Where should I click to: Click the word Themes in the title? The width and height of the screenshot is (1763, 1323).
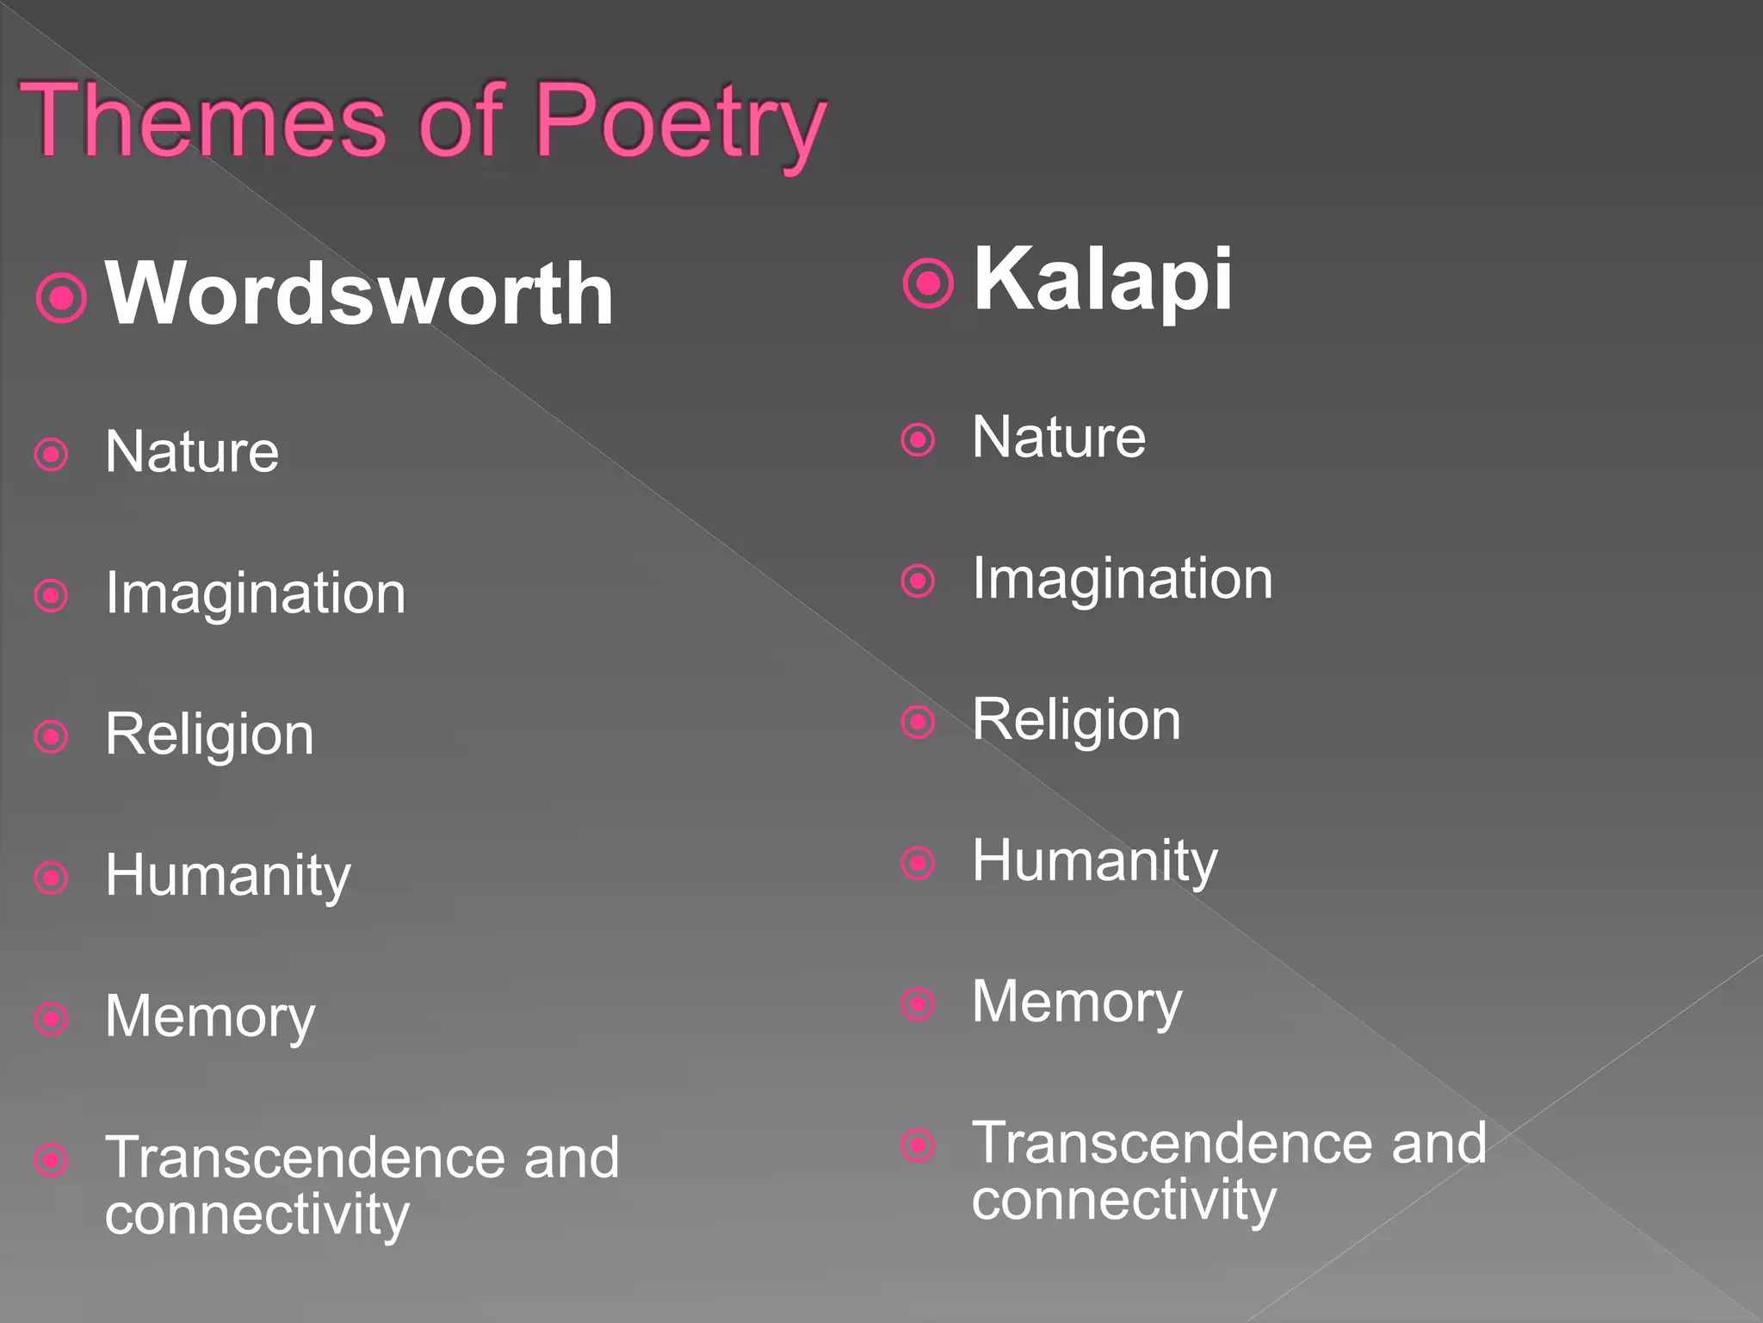(x=203, y=121)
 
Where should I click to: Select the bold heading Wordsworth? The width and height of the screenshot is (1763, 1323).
(x=359, y=294)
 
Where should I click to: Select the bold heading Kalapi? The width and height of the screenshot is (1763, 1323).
(x=1103, y=279)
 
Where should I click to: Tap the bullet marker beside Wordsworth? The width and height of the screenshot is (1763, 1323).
(x=62, y=297)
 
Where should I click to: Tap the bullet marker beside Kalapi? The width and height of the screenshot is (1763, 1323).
(x=928, y=283)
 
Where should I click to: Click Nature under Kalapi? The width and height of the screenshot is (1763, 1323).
(x=1059, y=437)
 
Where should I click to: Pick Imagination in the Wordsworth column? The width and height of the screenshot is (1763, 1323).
(x=255, y=593)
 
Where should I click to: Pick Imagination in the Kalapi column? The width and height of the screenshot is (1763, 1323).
(x=1122, y=579)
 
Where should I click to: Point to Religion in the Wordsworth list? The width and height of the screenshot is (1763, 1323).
(x=209, y=735)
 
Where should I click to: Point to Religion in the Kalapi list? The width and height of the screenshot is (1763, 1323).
(x=1076, y=720)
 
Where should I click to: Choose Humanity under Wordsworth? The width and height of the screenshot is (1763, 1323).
(x=227, y=876)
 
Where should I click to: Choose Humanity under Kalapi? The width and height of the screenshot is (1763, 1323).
(x=1094, y=861)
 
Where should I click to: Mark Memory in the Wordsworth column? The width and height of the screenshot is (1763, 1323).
(x=210, y=1017)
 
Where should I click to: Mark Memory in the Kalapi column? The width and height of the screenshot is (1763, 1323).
(x=1077, y=1003)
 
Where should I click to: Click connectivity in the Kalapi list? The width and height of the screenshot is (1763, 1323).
(x=1123, y=1199)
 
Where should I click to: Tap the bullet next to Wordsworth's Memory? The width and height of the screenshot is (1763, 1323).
(x=52, y=1019)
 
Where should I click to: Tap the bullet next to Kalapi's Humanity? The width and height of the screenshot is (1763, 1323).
(x=918, y=863)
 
